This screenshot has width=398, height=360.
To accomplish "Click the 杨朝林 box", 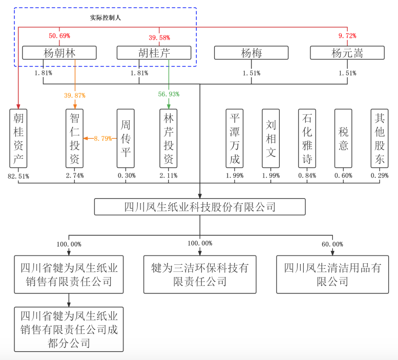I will click(59, 53).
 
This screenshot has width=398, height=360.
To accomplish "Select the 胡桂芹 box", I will click(154, 53).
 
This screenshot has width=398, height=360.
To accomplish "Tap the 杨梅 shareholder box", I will click(251, 53).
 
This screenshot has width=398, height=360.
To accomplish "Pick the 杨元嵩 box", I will click(347, 53).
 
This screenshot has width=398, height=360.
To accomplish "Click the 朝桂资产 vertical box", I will click(19, 138).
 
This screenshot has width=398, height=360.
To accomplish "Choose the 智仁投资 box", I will click(74, 138).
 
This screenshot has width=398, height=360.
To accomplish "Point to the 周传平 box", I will click(126, 138).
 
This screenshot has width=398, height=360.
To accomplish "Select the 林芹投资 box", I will click(169, 138).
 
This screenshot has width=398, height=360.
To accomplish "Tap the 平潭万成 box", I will click(234, 138).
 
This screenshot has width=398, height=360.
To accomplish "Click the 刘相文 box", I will click(271, 138).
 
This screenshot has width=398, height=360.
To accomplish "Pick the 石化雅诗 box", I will click(307, 138).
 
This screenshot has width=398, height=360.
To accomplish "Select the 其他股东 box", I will click(379, 138).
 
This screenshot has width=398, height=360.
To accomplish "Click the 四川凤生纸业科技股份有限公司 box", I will click(200, 207).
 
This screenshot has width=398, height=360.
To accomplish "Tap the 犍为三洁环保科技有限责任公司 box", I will click(200, 275).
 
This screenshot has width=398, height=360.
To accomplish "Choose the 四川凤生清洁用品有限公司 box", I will click(332, 275).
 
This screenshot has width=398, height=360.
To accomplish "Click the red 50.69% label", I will click(59, 36).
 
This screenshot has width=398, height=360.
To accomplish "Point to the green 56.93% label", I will click(169, 94).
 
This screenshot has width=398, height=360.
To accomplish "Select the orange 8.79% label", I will click(103, 138).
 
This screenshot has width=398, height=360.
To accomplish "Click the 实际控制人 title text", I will click(105, 18).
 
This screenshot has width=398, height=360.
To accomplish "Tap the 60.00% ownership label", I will click(332, 244).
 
